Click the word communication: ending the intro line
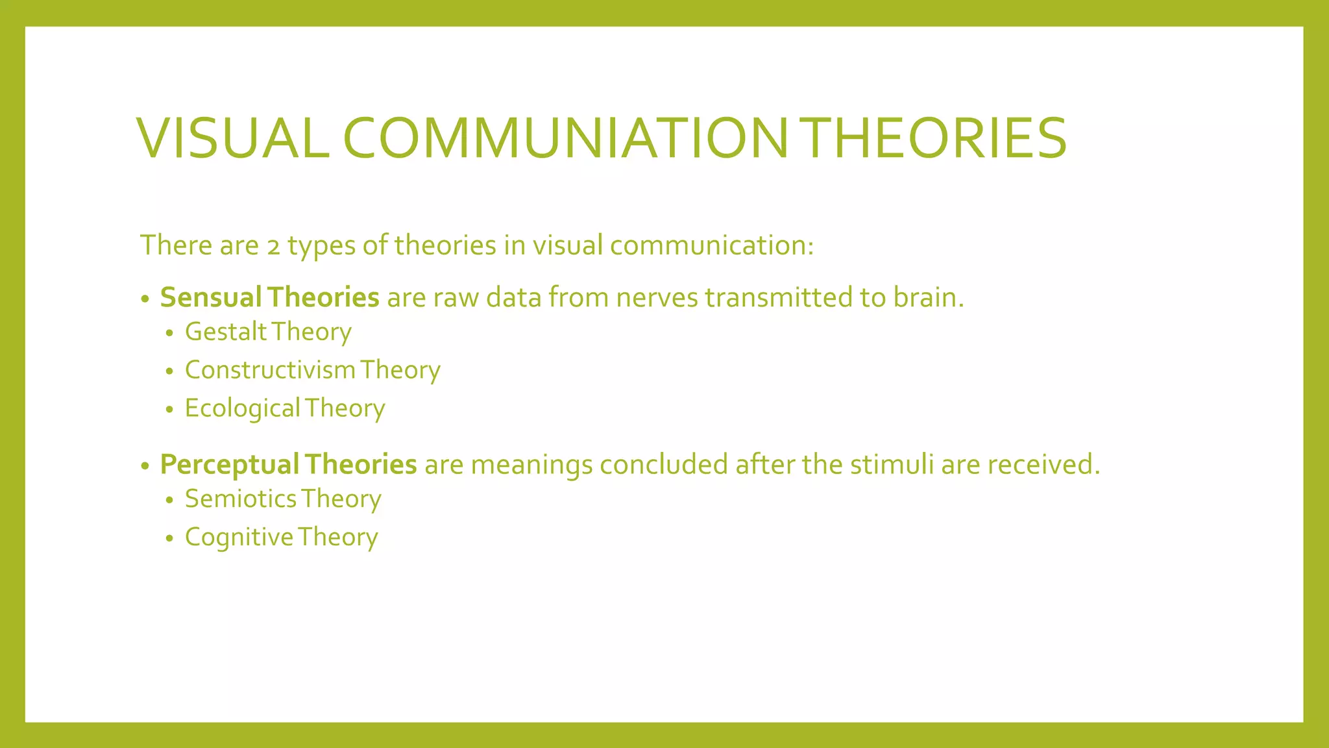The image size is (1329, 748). (x=711, y=245)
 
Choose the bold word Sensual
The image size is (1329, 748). (x=210, y=297)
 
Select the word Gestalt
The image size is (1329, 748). (x=226, y=332)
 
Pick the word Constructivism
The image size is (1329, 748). (x=270, y=370)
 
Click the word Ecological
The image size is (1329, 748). (x=242, y=408)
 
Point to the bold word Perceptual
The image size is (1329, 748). (x=229, y=465)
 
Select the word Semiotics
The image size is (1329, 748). (x=240, y=499)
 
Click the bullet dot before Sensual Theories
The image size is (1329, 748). (x=145, y=299)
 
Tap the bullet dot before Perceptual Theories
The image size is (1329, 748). (x=145, y=466)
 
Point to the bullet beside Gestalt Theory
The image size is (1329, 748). (x=170, y=334)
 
